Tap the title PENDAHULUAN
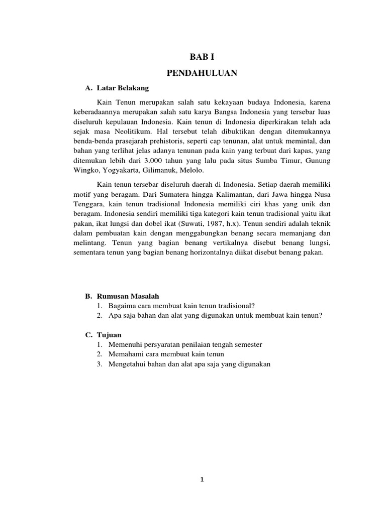pyautogui.click(x=202, y=73)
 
